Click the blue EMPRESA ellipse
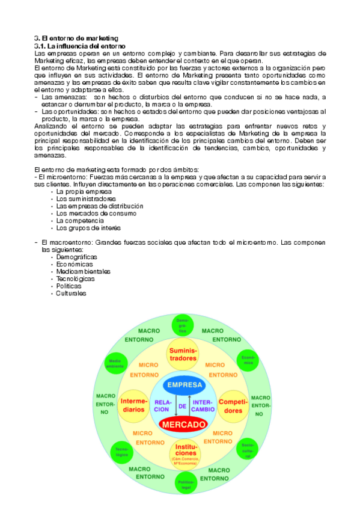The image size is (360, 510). click(x=185, y=385)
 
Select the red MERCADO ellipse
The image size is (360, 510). click(x=184, y=424)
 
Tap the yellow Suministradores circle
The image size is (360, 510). click(x=183, y=354)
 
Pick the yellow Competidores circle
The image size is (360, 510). click(x=234, y=405)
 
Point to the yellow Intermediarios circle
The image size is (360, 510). click(x=133, y=405)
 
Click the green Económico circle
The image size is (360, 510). click(x=249, y=360)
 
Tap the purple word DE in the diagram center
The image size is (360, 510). click(x=183, y=406)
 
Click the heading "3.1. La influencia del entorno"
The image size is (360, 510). click(x=79, y=46)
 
